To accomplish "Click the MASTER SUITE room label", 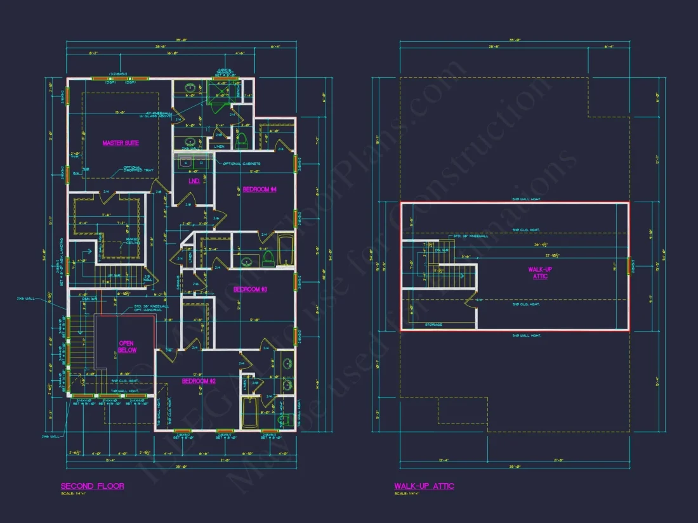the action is click(x=121, y=143).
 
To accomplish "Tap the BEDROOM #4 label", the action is click(x=260, y=189).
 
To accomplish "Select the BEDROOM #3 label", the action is click(x=251, y=289).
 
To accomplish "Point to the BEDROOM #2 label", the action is click(x=199, y=381).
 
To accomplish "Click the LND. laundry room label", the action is click(x=194, y=181).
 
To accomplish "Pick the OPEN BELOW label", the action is click(x=126, y=347).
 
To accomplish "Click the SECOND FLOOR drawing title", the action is click(x=92, y=486).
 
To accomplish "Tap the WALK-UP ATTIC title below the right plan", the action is click(x=424, y=486).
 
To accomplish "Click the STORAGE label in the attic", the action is click(x=434, y=325).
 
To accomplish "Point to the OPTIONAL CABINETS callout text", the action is click(x=242, y=164).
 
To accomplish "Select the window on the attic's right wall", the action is click(x=629, y=266).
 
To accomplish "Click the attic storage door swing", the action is click(x=471, y=298).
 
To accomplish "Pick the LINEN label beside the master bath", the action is click(x=220, y=147).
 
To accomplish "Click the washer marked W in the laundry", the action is click(x=186, y=163).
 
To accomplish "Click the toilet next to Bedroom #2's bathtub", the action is click(x=284, y=419).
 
